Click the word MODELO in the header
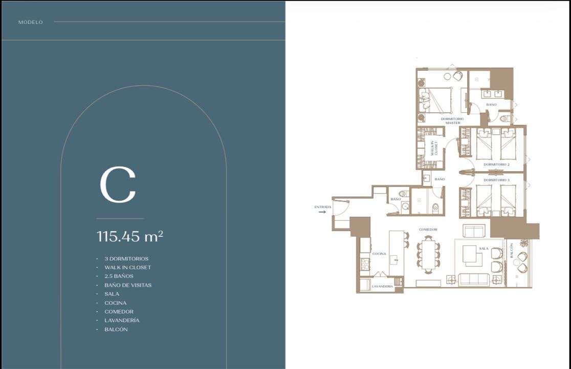coord(31,22)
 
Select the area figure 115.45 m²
coord(130,236)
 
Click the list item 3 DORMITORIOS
coord(126,258)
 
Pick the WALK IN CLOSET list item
coord(127,268)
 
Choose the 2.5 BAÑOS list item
coord(119,276)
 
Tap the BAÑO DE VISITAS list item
coord(128,285)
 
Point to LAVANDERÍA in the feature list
coord(122,320)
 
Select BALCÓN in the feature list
coord(116,329)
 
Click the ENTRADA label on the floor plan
coord(323,207)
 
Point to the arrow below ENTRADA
coord(322,212)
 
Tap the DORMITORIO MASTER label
coord(452,120)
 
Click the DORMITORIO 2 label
coord(496,165)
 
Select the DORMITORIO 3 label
coord(496,180)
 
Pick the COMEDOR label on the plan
coord(428,230)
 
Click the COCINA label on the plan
coord(379,254)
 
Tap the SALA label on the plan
coord(484,249)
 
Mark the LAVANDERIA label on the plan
coord(382,286)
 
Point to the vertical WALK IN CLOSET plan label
coord(434,148)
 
